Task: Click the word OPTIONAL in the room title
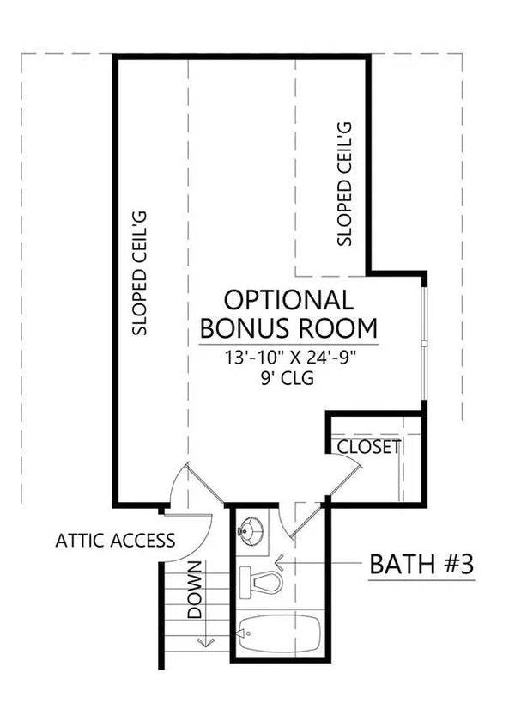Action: coord(288,300)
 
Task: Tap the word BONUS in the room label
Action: coord(243,328)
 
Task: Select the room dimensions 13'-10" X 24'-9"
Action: coord(288,358)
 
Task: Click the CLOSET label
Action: coord(368,447)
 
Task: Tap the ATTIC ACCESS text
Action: coord(115,541)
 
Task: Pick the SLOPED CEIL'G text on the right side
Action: coord(345,184)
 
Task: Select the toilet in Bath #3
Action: coord(263,583)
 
